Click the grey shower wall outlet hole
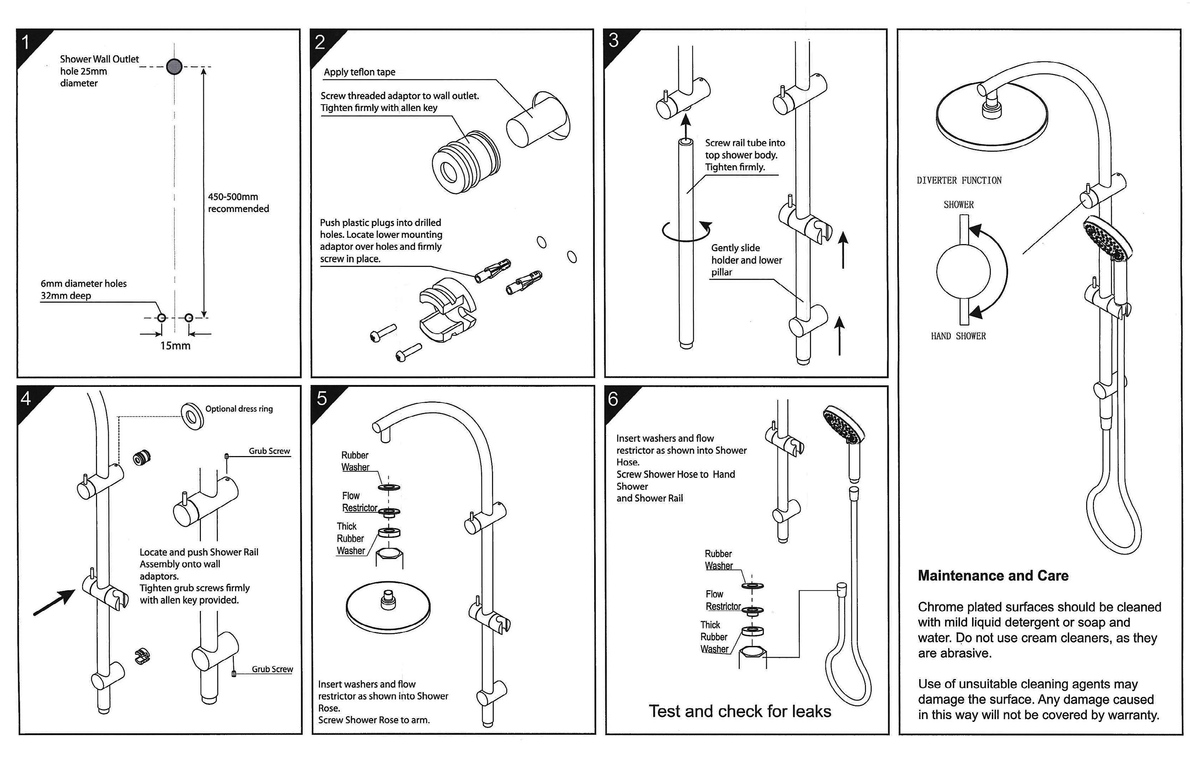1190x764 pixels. coord(174,66)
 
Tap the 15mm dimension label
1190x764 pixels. coord(175,346)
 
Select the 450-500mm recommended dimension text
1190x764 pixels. coord(238,202)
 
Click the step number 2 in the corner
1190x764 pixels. coord(320,42)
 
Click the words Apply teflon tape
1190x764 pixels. coord(360,72)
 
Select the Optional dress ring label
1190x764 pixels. coord(239,409)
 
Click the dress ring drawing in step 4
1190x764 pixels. coord(192,416)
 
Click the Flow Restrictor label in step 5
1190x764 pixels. coord(359,502)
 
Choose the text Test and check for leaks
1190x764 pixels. coord(740,712)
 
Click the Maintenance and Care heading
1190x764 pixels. coord(993,576)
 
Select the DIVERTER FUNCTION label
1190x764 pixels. coord(959,181)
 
